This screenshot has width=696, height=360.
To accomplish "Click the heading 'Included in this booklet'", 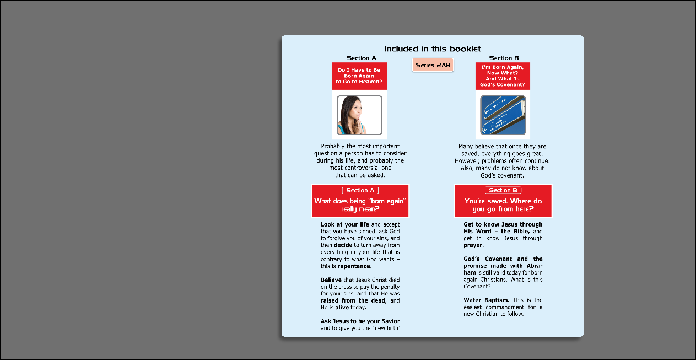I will click(x=433, y=49).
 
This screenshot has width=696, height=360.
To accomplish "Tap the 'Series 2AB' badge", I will click(x=433, y=65).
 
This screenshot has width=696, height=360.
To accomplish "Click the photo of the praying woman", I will click(x=359, y=115).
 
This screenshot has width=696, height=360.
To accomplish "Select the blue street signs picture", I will click(x=503, y=115).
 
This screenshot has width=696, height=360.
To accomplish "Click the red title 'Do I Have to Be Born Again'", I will click(x=359, y=76).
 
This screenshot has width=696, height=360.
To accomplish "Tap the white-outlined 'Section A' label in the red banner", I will click(x=360, y=190).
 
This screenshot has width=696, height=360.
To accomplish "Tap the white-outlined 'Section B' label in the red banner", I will click(x=503, y=190).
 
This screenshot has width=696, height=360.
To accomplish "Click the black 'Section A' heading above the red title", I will click(x=362, y=58).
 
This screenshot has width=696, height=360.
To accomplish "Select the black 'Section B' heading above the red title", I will click(x=504, y=58).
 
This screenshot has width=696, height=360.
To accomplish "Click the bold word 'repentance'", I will click(x=354, y=266).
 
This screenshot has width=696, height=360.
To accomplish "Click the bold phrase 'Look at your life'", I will click(x=344, y=224).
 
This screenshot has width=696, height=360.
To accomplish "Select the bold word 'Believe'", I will click(x=331, y=280).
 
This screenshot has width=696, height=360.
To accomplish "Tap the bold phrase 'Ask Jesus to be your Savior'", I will click(x=360, y=321).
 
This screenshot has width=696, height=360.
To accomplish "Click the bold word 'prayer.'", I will click(x=473, y=245).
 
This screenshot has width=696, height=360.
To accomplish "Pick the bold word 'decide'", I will click(x=343, y=245).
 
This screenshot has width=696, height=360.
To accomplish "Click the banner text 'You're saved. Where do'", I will click(x=503, y=201).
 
